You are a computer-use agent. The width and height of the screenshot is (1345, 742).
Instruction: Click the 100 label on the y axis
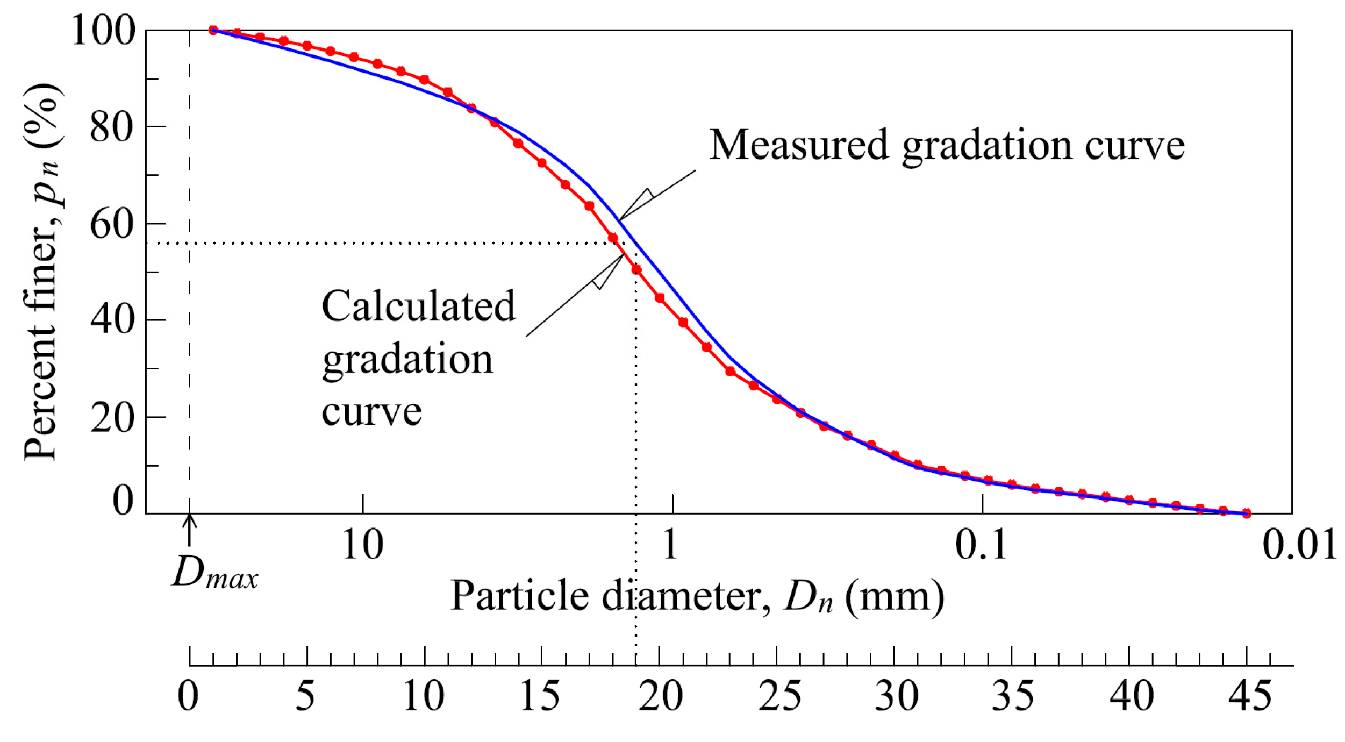tap(103, 31)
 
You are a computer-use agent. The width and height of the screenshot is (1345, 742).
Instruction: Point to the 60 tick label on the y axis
tap(112, 224)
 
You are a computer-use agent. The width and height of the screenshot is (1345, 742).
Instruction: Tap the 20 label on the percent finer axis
tap(112, 418)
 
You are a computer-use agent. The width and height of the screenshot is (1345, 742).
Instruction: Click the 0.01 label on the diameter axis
tap(1299, 545)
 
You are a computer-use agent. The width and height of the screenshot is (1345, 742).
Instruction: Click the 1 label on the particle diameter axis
tap(670, 545)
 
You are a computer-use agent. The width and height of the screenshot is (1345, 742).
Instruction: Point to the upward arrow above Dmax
tap(189, 530)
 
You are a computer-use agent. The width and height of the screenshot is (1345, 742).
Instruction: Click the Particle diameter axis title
tap(697, 597)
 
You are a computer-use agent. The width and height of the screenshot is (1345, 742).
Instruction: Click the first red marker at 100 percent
tap(213, 30)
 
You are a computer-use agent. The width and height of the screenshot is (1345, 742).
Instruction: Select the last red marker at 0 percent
tap(1247, 513)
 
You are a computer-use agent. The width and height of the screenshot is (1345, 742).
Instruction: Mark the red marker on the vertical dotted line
tap(636, 269)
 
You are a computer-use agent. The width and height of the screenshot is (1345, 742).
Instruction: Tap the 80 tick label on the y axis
tap(112, 128)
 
